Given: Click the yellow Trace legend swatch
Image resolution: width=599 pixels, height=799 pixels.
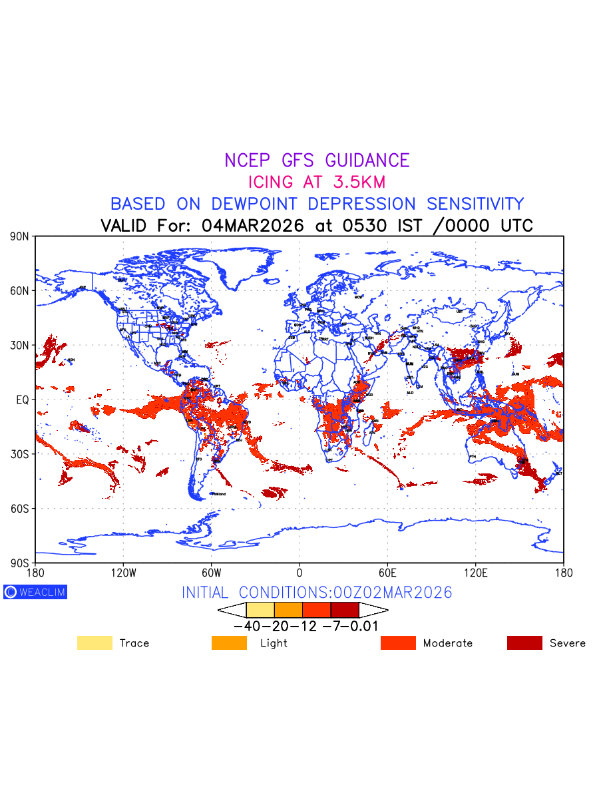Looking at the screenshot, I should coord(95,643).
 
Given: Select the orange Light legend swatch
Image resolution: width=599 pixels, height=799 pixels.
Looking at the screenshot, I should coord(229,643).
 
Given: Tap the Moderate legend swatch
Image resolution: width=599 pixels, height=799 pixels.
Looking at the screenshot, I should coord(398,643).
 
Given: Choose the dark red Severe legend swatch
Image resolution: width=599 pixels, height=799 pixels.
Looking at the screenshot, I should coord(524,643).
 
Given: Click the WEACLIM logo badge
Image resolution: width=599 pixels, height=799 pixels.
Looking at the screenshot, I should coord(35,592).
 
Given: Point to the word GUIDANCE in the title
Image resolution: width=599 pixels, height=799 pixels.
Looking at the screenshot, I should coord(367,160).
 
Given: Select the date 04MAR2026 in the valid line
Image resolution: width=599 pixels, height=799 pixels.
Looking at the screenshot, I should coord(253,225).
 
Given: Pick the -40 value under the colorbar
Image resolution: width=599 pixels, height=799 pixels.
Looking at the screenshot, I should coord(246,627).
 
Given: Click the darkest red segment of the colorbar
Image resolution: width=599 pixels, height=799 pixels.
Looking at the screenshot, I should coord(345,610).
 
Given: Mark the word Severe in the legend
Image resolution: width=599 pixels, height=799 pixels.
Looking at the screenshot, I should coord(567,643).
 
